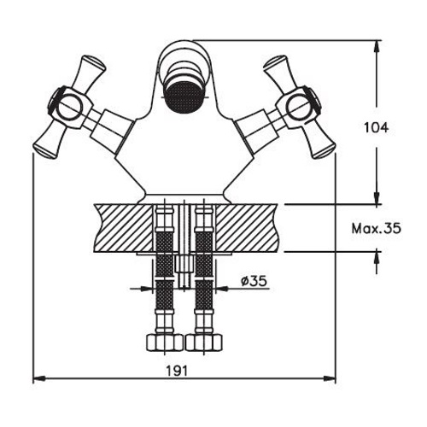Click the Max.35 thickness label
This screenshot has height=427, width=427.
point(376,228)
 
